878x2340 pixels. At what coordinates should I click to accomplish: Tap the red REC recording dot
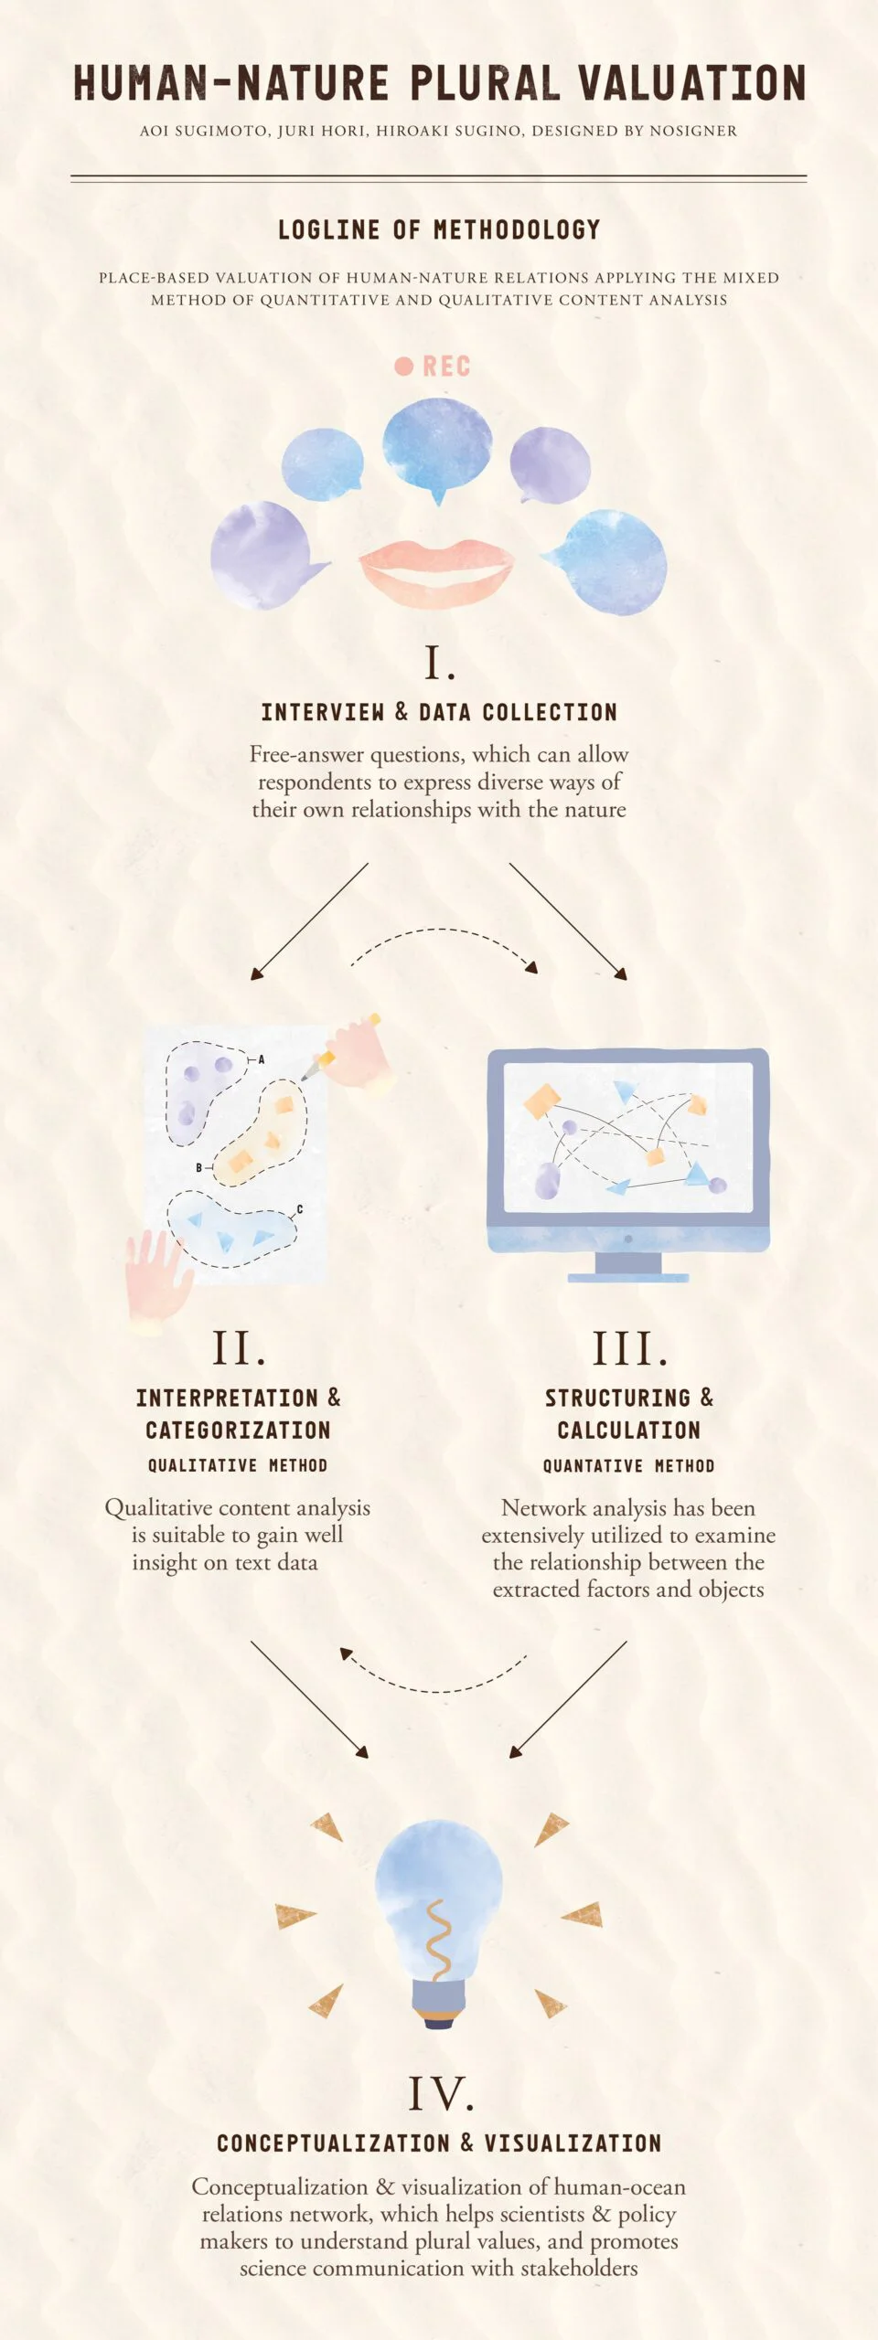click(403, 366)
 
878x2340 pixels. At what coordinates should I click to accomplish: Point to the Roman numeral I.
click(439, 664)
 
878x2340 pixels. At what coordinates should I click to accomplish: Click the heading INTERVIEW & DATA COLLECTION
click(439, 712)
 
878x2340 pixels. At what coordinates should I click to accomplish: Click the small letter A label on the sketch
click(261, 1059)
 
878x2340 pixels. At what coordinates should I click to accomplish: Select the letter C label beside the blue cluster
click(300, 1209)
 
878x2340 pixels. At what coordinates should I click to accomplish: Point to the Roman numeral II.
click(239, 1348)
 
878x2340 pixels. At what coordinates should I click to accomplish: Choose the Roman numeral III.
click(629, 1348)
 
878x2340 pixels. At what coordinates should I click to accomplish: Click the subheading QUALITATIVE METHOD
click(238, 1465)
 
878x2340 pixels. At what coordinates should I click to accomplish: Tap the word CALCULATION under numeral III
click(629, 1430)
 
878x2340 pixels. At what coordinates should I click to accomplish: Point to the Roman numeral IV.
click(441, 2093)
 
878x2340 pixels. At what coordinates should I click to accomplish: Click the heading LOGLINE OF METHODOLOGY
click(439, 229)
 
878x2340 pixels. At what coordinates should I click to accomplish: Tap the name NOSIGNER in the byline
click(693, 131)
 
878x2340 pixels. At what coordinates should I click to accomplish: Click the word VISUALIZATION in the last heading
click(573, 2143)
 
